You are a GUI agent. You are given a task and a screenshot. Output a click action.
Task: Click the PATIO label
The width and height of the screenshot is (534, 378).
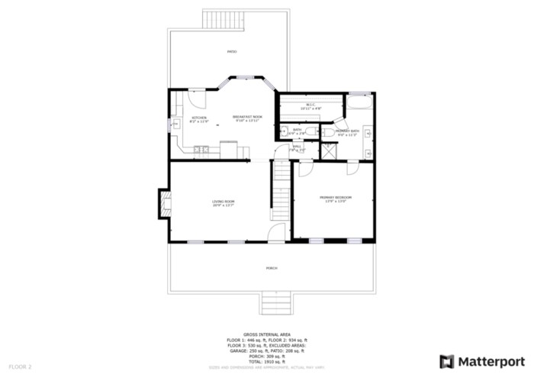(232, 52)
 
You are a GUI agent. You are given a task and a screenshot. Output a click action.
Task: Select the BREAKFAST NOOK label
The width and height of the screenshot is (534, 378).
(246, 118)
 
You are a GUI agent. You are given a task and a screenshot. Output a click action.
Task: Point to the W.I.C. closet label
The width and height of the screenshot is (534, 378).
(311, 106)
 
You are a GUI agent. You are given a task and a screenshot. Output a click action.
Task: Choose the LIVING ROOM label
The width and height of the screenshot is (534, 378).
(223, 203)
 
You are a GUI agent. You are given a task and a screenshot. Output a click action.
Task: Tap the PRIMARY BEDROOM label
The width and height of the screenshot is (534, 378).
(336, 200)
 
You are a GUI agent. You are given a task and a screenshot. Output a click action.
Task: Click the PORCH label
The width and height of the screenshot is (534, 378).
(272, 269)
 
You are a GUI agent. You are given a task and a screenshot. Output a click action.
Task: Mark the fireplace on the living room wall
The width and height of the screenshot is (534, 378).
(164, 202)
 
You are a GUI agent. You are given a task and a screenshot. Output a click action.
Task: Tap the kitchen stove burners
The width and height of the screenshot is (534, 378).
(201, 149)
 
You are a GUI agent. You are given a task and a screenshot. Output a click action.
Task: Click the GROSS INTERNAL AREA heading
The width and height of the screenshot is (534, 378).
(267, 334)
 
